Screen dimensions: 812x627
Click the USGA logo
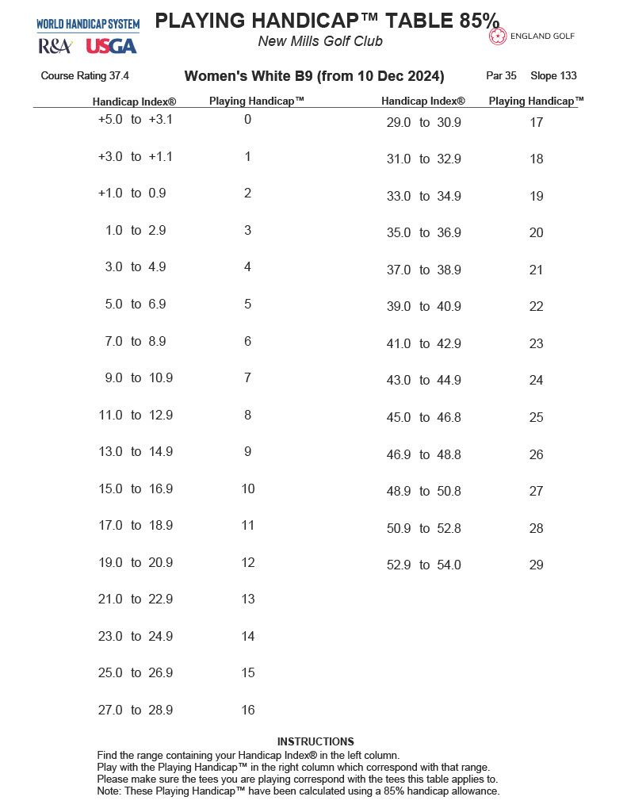pyautogui.click(x=111, y=46)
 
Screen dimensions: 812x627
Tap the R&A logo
pyautogui.click(x=55, y=46)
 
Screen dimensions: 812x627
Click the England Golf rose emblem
pyautogui.click(x=499, y=36)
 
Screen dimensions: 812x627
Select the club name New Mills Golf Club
pyautogui.click(x=320, y=41)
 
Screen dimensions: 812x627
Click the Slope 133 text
pyautogui.click(x=553, y=76)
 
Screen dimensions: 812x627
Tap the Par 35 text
pyautogui.click(x=501, y=76)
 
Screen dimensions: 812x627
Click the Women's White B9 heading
pyautogui.click(x=314, y=76)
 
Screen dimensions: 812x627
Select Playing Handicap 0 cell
pyautogui.click(x=247, y=120)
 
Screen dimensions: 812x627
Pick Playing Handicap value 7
pyautogui.click(x=247, y=378)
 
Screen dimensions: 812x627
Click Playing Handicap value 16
pyautogui.click(x=247, y=710)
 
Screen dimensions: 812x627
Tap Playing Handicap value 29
pyautogui.click(x=536, y=565)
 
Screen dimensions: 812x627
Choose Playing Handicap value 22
pyautogui.click(x=536, y=307)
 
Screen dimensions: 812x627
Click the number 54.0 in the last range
pyautogui.click(x=449, y=565)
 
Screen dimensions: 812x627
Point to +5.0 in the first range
pyautogui.click(x=111, y=120)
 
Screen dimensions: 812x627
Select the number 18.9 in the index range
pyautogui.click(x=160, y=526)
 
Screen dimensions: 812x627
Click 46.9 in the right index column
pyautogui.click(x=399, y=455)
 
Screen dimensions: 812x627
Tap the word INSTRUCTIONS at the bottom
pyautogui.click(x=315, y=741)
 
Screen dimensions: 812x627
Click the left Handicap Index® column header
pyautogui.click(x=134, y=101)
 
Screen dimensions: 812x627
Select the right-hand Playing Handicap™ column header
pyautogui.click(x=536, y=101)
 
